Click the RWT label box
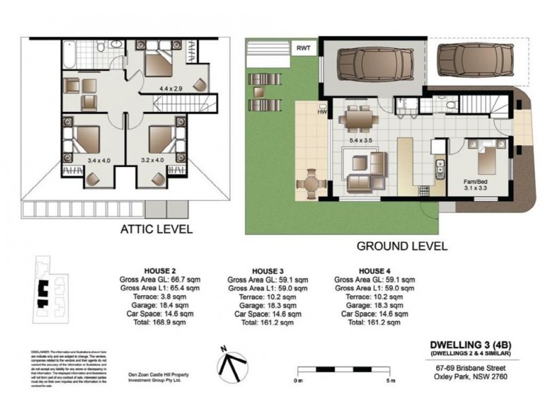(303, 48)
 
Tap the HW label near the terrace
(323, 113)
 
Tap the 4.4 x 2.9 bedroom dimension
(171, 89)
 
